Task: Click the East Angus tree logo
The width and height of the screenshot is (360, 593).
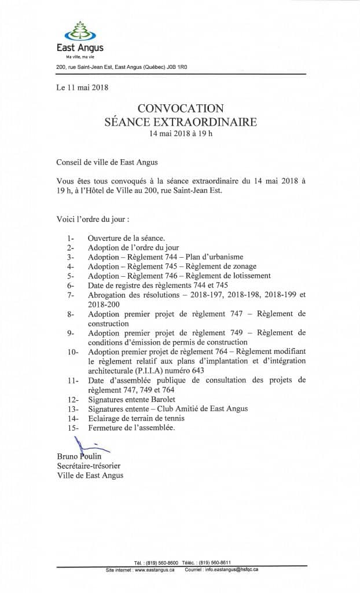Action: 79,30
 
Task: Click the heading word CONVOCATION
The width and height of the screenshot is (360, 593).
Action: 179,108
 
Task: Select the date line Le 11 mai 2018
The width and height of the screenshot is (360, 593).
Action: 83,88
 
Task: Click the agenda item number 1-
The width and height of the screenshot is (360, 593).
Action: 71,238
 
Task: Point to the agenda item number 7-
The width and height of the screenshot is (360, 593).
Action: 71,294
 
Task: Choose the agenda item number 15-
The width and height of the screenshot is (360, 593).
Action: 73,427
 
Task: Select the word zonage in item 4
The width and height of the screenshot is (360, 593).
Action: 239,266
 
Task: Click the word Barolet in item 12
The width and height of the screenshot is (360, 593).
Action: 164,399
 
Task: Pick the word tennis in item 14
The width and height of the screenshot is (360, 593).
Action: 172,418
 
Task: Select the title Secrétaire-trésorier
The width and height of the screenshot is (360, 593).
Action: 89,466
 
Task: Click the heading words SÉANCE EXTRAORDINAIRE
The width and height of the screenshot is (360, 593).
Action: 179,122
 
